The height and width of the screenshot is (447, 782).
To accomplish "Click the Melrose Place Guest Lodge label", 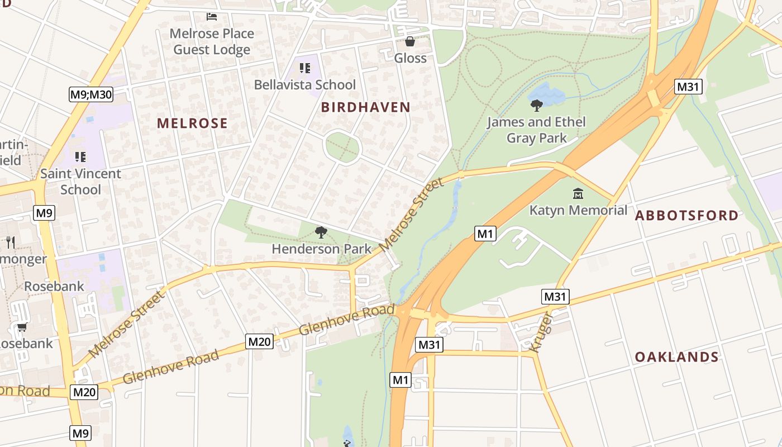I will tap(212, 41).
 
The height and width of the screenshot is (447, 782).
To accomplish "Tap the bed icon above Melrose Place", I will tap(212, 16).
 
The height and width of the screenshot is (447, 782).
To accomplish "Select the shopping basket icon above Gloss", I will tap(410, 41).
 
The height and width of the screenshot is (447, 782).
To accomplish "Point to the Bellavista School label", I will tap(304, 85).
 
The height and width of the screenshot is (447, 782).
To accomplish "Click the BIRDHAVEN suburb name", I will tap(366, 107).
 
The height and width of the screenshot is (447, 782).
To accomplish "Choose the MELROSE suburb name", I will tap(192, 123).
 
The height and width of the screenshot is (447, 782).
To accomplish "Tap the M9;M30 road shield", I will tap(91, 94).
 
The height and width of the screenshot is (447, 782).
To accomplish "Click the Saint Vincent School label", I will tap(80, 182).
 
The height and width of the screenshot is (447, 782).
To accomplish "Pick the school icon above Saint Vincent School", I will tap(80, 157).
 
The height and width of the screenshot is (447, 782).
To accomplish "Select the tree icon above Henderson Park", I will tap(321, 232).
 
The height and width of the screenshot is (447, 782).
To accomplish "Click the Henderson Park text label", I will tap(321, 249).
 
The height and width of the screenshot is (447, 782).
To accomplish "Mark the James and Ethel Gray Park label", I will tap(536, 130).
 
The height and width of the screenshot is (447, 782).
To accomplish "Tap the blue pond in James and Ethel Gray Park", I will tap(544, 94).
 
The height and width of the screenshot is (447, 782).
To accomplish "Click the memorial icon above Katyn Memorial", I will tap(578, 194).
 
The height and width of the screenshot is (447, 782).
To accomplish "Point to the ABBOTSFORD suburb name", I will tap(686, 216).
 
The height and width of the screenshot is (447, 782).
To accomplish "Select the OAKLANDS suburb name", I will tap(676, 357).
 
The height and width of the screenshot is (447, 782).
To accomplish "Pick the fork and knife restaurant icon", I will tap(10, 242).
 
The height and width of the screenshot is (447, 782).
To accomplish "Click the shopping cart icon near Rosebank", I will tap(22, 327).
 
